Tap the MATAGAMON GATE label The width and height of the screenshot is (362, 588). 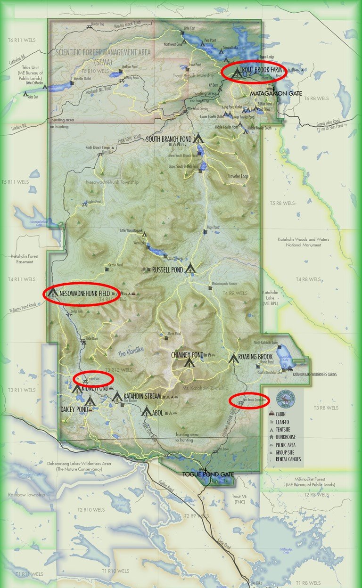[276, 94]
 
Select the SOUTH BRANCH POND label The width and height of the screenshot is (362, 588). [169, 139]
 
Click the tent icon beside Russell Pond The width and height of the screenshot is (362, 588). [190, 269]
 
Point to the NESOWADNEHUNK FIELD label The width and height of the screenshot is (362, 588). [84, 294]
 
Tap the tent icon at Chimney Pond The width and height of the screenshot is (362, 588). [189, 363]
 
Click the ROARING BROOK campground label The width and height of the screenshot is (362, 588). [255, 357]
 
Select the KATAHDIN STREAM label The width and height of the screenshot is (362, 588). [142, 396]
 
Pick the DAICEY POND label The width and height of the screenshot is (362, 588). [74, 409]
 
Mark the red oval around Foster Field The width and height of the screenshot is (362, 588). [93, 378]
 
